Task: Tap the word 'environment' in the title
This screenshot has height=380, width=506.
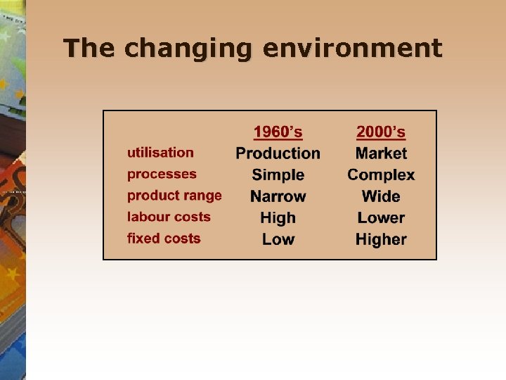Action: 352,49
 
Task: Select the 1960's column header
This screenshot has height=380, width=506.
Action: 278,132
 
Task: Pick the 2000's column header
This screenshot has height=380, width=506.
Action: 381,132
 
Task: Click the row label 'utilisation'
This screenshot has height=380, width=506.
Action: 160,152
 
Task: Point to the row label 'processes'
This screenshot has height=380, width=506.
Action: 162,174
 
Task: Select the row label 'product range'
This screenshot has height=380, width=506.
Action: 174,196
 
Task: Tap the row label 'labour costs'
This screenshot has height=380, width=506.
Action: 169,217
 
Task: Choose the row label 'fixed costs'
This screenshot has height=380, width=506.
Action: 164,239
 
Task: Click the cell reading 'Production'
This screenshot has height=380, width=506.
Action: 278,153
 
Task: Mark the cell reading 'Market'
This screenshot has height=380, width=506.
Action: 381,153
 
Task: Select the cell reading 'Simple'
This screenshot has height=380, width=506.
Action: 278,175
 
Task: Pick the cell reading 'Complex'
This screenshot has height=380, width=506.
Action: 381,175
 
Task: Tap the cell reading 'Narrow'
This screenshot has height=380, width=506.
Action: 278,196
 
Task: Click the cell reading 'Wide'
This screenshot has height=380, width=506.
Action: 381,196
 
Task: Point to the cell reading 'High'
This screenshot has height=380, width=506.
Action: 278,218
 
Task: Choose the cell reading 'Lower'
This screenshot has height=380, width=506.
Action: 381,218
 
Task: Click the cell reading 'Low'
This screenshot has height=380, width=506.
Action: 278,240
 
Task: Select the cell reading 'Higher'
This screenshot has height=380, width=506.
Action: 381,240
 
